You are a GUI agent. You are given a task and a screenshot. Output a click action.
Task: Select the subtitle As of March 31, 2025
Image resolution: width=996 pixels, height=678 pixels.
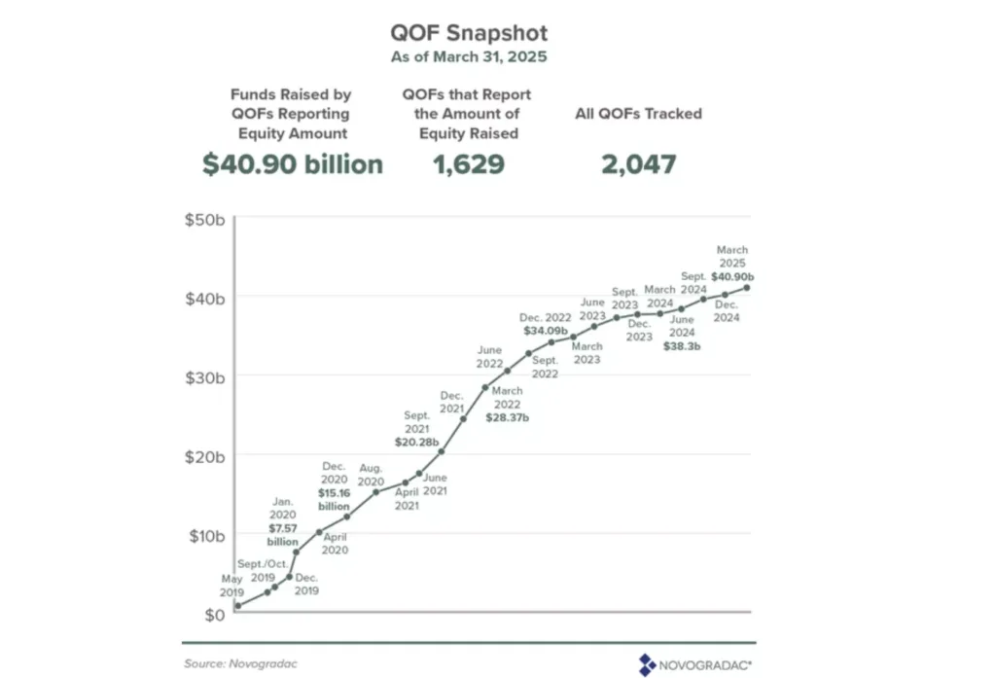468,56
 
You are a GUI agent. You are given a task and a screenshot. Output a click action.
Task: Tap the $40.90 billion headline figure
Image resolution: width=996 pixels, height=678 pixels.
292,164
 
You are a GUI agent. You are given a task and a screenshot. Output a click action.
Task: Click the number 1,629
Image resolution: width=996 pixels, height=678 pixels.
468,164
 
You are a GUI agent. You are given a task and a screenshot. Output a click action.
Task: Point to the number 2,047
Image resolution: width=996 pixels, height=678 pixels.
638,164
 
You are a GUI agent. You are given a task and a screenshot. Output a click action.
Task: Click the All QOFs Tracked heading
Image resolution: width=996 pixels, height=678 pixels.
638,114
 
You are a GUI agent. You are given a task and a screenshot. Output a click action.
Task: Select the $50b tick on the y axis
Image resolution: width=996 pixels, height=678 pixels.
204,218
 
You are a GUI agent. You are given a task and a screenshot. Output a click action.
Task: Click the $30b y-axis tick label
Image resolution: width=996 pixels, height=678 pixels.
204,376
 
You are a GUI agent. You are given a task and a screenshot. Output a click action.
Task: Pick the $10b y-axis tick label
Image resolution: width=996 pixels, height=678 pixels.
204,535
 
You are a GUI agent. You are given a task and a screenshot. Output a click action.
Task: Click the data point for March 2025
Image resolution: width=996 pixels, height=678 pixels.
747,287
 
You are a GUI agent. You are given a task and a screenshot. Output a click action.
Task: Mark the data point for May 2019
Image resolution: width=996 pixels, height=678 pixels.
237,606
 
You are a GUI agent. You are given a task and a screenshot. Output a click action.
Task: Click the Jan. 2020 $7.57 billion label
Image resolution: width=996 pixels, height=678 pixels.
284,521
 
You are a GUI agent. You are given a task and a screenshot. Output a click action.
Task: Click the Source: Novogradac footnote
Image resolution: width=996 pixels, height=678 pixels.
239,662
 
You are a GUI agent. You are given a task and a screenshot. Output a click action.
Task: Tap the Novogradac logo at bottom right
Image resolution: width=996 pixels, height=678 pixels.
694,663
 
